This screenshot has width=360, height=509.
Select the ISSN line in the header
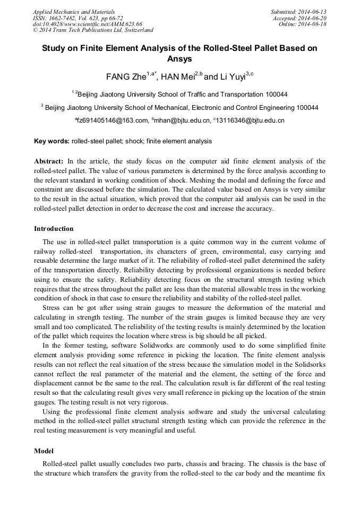tap(78, 18)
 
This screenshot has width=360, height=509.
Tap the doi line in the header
tap(87, 24)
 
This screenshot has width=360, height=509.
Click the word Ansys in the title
tap(179, 59)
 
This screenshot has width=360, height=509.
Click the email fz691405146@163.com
tap(113, 120)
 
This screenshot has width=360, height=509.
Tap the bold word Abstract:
tap(49, 161)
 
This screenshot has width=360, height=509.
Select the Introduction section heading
tap(54, 229)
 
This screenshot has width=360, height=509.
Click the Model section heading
tap(44, 451)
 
